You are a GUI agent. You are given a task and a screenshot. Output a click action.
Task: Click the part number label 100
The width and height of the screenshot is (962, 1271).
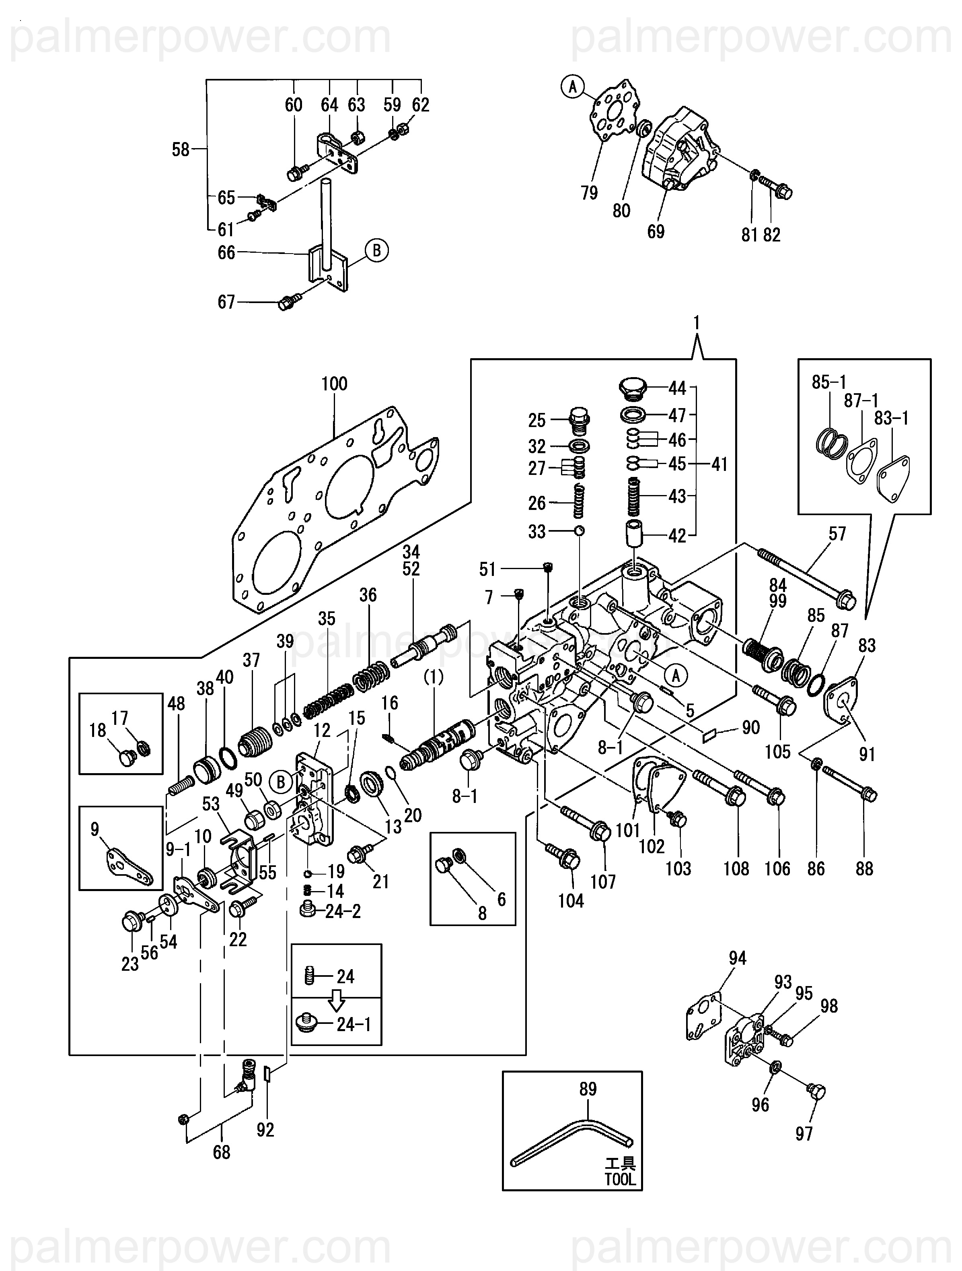[x=334, y=384]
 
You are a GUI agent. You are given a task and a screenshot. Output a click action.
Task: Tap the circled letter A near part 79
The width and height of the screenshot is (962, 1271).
[x=572, y=87]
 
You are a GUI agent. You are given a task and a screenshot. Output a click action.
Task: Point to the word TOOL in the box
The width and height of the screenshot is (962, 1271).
[x=620, y=1180]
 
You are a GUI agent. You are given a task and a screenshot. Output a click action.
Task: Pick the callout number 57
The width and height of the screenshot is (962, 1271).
[x=837, y=534]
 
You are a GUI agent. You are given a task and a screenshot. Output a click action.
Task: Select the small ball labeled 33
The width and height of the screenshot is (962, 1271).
[x=580, y=530]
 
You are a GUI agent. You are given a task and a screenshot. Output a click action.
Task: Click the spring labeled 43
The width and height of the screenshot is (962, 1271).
[x=633, y=497]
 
